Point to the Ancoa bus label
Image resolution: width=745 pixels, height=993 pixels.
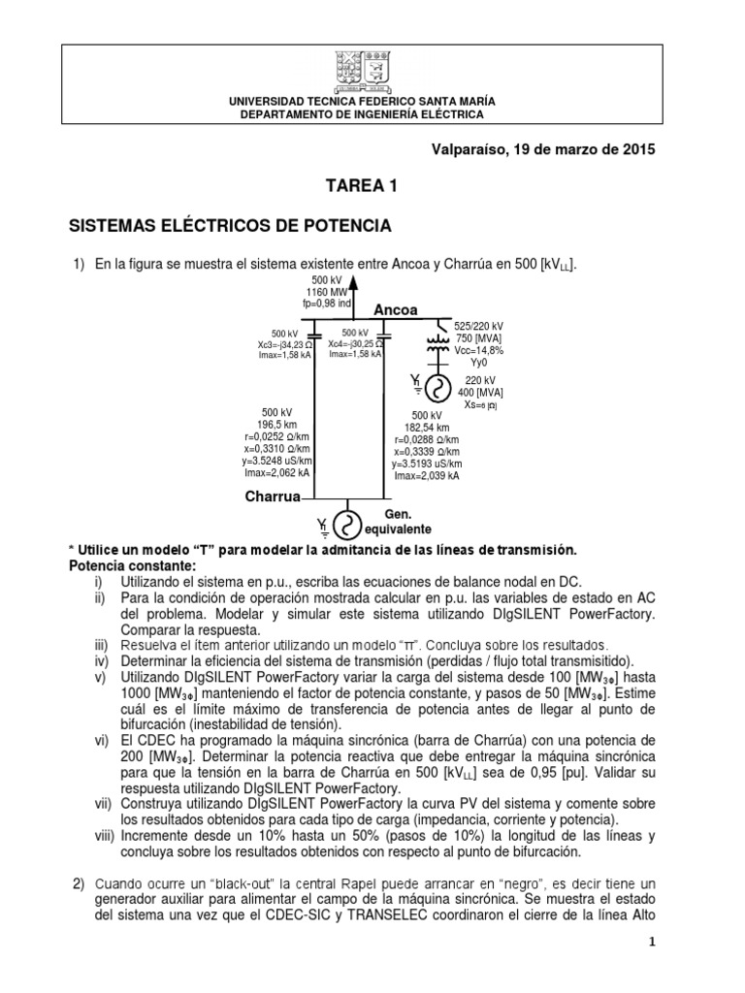coord(396,310)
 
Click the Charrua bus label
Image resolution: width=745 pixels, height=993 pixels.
coord(274,496)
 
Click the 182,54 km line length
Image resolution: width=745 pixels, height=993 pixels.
coord(428,427)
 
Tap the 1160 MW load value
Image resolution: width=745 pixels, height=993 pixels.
coord(326,291)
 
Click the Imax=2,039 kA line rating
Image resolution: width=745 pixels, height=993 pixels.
coord(428,477)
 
